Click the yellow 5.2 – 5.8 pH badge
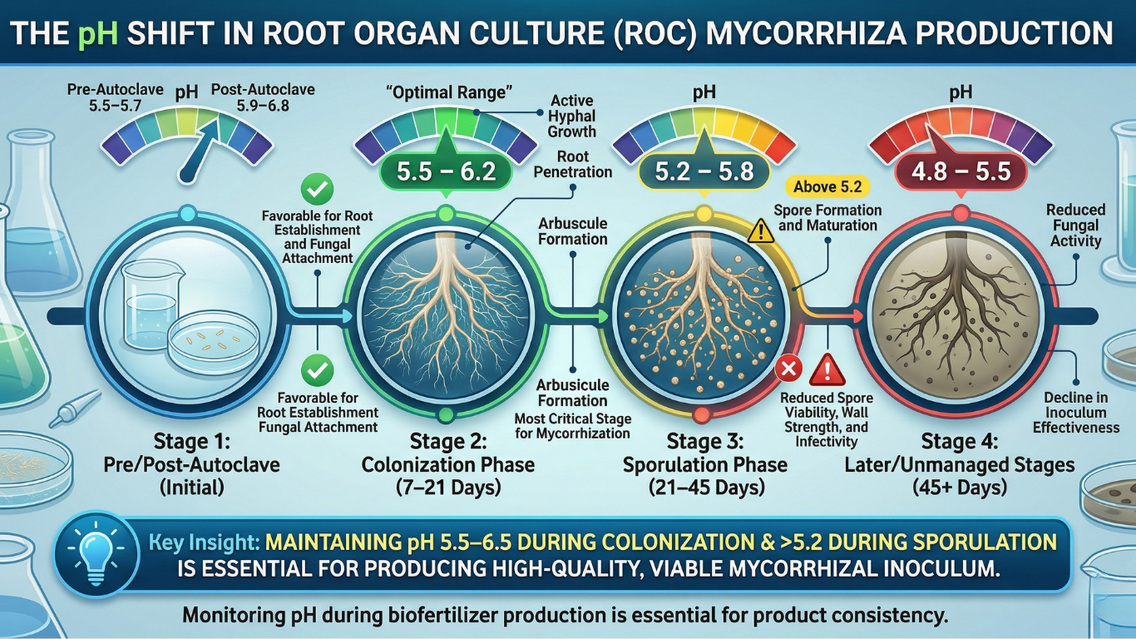pos(704,172)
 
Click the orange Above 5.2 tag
pos(827,187)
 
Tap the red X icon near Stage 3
pos(787,369)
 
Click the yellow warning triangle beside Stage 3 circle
pos(761,231)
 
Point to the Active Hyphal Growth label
pos(573,116)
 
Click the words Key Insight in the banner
pos(204,542)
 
